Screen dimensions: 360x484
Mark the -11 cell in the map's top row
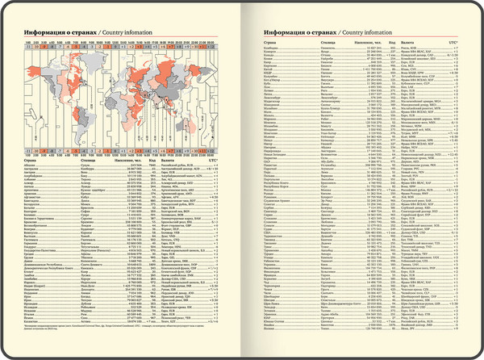pos(29,48)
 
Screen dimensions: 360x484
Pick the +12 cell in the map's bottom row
pos(212,150)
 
